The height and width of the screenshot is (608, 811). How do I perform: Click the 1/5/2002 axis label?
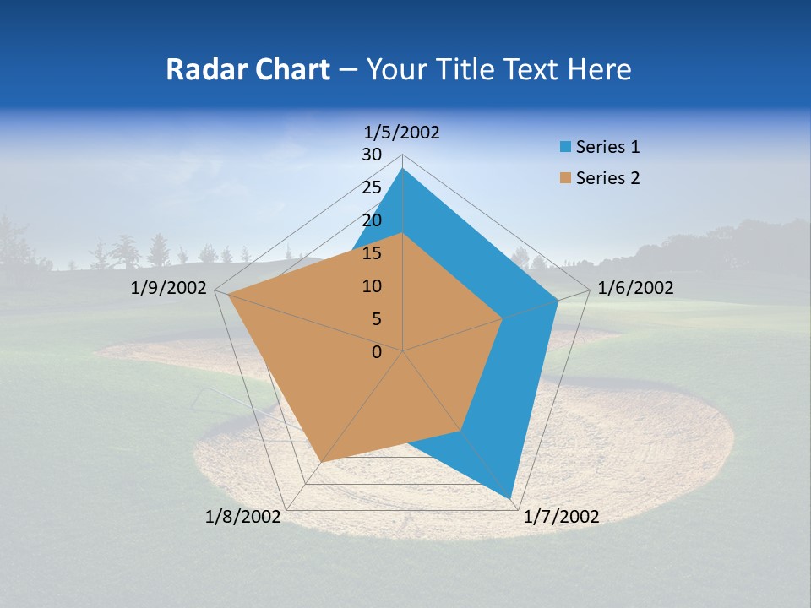[x=402, y=132]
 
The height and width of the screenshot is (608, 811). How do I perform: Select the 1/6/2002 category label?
[x=635, y=288]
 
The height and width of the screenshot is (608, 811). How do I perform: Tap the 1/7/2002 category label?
[x=561, y=517]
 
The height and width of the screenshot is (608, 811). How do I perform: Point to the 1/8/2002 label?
[x=242, y=517]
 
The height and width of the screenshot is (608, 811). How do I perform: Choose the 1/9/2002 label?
[x=168, y=288]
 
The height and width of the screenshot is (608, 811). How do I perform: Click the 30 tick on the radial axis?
[x=372, y=155]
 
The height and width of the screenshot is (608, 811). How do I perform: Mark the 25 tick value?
[x=372, y=187]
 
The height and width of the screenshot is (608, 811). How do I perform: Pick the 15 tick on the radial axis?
[x=372, y=253]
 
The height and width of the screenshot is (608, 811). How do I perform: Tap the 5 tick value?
[x=376, y=319]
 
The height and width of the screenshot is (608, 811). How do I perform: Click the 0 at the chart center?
[x=377, y=352]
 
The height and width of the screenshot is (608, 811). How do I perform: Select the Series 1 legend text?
[x=607, y=147]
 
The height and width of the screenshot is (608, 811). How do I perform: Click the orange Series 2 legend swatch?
[x=565, y=178]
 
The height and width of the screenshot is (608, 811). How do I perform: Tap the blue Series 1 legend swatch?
[x=565, y=147]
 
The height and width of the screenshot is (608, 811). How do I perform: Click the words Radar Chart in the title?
[x=248, y=69]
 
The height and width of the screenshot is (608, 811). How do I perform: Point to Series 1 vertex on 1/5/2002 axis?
[x=403, y=168]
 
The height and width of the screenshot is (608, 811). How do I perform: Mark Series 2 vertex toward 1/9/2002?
[x=228, y=295]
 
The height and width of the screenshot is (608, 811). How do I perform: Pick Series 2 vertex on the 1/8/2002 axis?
[x=321, y=462]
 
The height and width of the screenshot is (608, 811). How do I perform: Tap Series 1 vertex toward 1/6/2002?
[x=558, y=300]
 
